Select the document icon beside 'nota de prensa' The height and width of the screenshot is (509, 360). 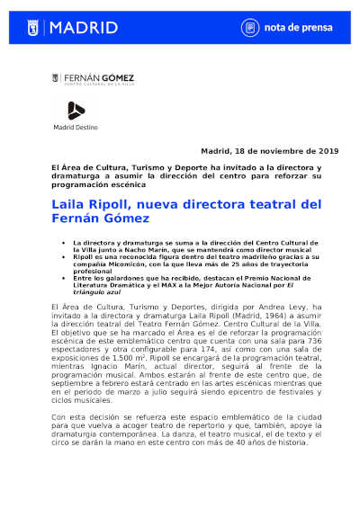click(x=248, y=28)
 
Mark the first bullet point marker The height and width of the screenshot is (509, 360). click(x=63, y=244)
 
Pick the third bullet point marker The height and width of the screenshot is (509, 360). click(x=63, y=278)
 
